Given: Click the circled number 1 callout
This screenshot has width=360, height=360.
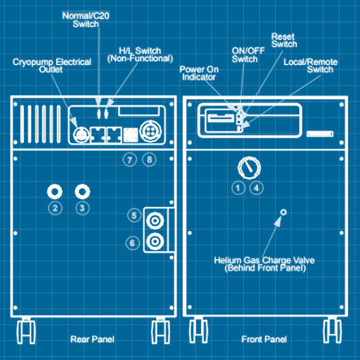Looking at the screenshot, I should pyautogui.click(x=238, y=188).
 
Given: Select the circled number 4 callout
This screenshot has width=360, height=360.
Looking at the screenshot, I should pyautogui.click(x=256, y=188).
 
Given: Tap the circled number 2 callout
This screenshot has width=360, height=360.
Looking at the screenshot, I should pyautogui.click(x=55, y=208).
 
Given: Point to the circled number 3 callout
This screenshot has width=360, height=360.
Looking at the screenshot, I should pyautogui.click(x=82, y=208).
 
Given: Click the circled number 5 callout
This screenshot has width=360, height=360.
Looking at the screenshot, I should pyautogui.click(x=134, y=216).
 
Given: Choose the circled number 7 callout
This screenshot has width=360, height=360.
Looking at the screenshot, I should pyautogui.click(x=130, y=159).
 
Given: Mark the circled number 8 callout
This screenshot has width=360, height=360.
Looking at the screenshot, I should pyautogui.click(x=149, y=159).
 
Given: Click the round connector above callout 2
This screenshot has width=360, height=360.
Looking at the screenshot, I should pyautogui.click(x=55, y=191).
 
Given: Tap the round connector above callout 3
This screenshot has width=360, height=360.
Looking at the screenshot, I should pyautogui.click(x=82, y=191).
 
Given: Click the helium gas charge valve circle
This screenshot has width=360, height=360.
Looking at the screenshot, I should pyautogui.click(x=282, y=212).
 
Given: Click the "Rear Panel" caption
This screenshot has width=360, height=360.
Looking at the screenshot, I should pyautogui.click(x=92, y=339).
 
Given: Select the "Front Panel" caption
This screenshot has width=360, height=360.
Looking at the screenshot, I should pyautogui.click(x=264, y=339).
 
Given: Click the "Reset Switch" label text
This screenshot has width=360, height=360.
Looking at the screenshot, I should pyautogui.click(x=284, y=40).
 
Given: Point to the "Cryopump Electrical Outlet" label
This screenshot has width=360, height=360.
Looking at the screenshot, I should pyautogui.click(x=51, y=65).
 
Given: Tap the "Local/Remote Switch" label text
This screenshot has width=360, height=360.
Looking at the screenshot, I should pyautogui.click(x=311, y=65).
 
